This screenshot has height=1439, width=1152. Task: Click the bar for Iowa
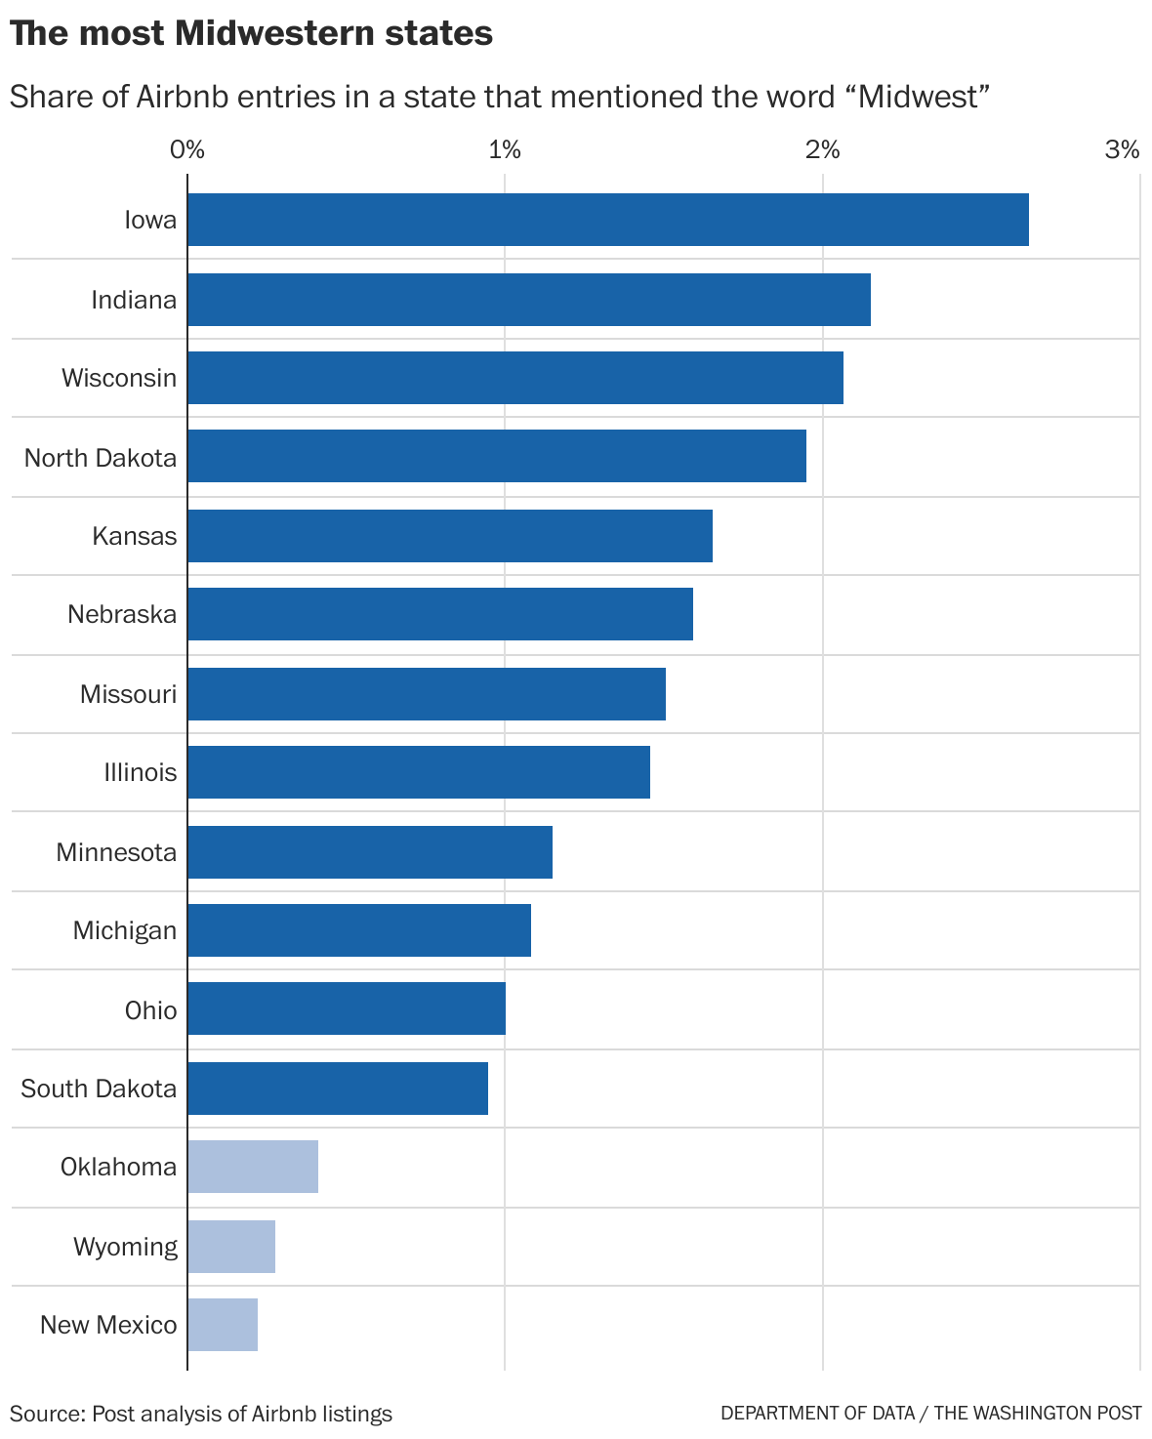click(607, 220)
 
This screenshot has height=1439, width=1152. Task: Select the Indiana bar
click(528, 300)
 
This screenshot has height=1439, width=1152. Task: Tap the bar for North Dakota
click(496, 456)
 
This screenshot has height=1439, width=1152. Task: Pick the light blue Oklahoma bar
click(253, 1166)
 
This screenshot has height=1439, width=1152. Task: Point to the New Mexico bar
click(223, 1324)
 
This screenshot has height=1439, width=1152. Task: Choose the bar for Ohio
click(347, 1008)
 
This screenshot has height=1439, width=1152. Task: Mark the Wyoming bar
click(231, 1246)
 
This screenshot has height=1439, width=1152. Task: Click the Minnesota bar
click(370, 851)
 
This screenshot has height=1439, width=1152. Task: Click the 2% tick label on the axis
click(822, 149)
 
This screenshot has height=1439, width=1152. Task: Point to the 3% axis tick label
click(1122, 149)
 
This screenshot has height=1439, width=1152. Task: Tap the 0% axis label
click(186, 149)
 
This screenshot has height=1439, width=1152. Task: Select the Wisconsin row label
click(119, 378)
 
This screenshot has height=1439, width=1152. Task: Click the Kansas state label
click(135, 536)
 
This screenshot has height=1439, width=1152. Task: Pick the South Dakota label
click(99, 1088)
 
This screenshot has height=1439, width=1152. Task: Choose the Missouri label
click(128, 694)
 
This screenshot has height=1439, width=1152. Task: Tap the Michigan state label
click(125, 930)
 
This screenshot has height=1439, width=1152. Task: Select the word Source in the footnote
click(45, 1413)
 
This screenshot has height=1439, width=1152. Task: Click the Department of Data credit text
click(818, 1413)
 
